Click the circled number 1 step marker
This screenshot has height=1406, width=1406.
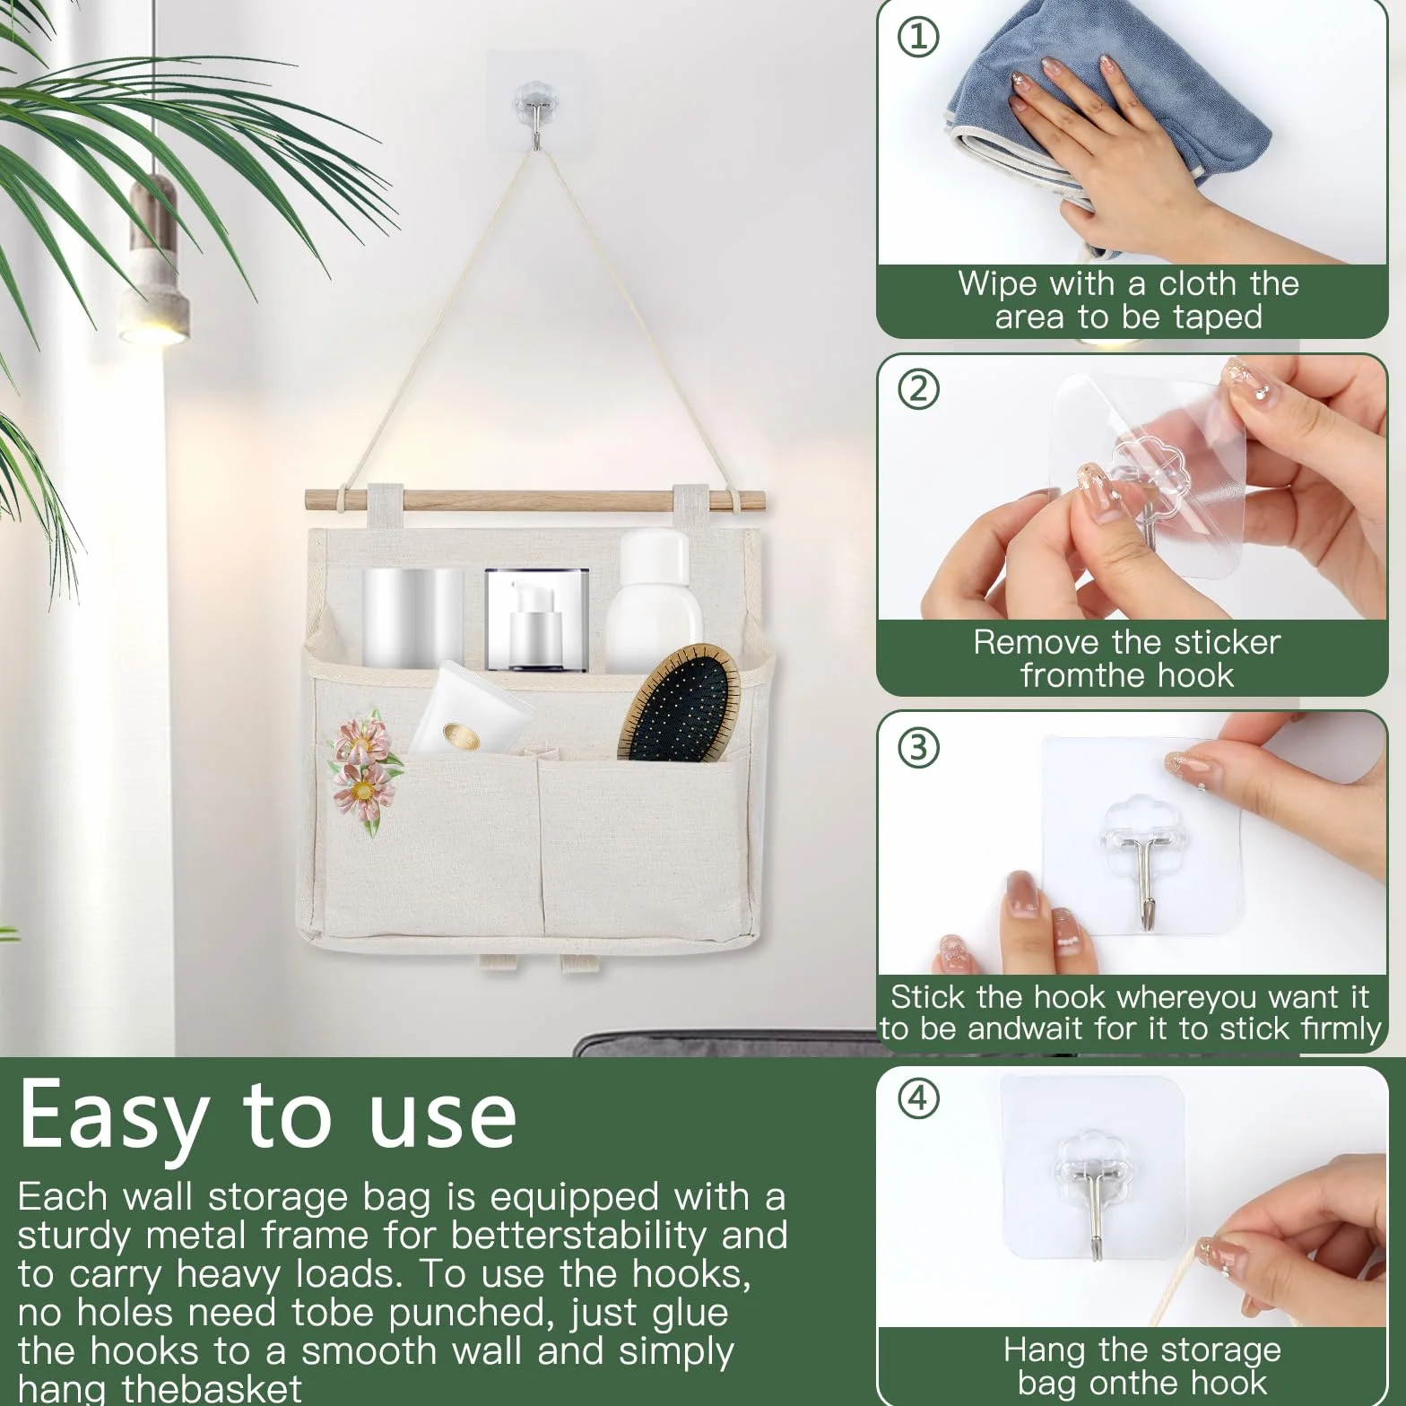918,36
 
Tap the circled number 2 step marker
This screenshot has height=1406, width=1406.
918,389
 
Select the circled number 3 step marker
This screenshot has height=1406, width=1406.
918,746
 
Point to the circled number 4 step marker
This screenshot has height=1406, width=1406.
918,1098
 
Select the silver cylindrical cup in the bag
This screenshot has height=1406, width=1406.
412,619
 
